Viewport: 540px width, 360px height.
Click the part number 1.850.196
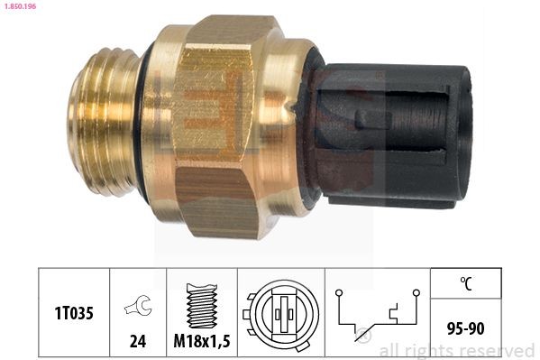[x=20, y=7]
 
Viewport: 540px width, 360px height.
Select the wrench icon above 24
[x=137, y=307]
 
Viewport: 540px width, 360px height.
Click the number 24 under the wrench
[x=137, y=343]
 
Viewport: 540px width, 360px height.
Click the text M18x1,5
[x=201, y=343]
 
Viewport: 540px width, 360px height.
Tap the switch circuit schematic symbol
[x=378, y=315]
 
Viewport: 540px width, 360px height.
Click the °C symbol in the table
[x=465, y=285]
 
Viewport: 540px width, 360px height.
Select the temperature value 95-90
[x=465, y=330]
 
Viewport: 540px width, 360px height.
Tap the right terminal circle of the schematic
[x=416, y=292]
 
